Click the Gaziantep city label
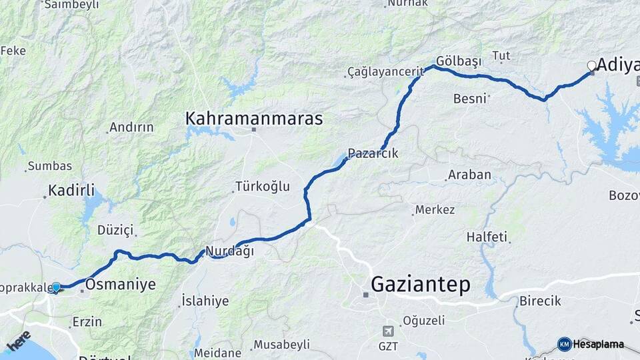pos(420,285)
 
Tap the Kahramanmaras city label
pos(254,119)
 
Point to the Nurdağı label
pos(230,251)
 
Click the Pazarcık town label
pos(373,153)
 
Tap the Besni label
pos(469,99)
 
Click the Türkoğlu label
pos(262,187)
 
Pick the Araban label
pos(469,175)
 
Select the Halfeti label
pos(487,237)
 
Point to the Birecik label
pos(540,301)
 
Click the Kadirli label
pos(71,189)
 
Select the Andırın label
pos(131,127)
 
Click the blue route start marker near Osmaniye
pos(56,287)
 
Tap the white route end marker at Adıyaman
pos(591,65)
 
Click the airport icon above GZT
pos(389,331)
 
